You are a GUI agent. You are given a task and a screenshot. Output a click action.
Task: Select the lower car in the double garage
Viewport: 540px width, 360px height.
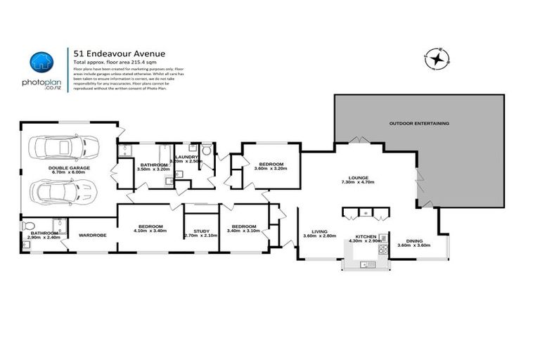coord(57,192)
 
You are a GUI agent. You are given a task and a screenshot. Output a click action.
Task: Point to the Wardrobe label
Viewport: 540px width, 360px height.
coord(92,235)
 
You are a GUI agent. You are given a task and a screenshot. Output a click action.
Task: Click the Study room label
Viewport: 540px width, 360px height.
coord(200,231)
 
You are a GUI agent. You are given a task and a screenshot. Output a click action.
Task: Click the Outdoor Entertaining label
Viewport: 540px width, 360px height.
coord(419,124)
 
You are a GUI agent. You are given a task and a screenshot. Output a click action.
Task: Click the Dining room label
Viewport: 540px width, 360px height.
coord(413,241)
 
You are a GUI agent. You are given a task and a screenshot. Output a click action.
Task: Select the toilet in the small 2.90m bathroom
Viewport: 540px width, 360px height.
coord(29,226)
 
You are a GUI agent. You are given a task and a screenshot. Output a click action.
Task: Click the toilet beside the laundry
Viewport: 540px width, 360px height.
coord(207,151)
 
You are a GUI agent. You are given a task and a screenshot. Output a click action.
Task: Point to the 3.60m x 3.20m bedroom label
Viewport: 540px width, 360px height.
coord(271,165)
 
